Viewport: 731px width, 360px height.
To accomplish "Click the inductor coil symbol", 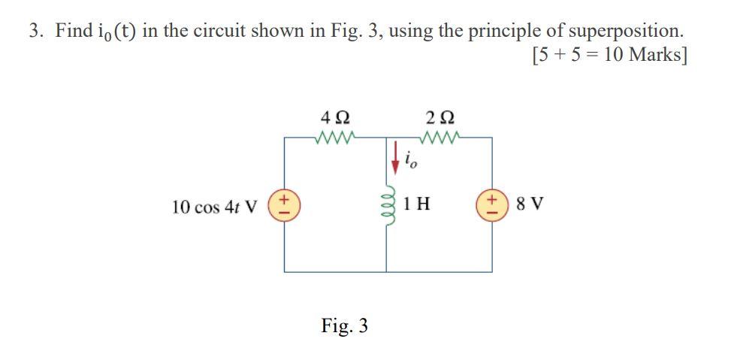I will [388, 205].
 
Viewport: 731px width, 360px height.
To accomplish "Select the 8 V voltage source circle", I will [492, 205].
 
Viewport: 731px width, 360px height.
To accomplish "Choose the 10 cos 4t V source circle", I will [285, 206].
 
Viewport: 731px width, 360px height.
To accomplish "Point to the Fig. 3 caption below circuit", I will [344, 325].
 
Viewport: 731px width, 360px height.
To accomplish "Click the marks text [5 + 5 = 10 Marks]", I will [609, 56].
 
